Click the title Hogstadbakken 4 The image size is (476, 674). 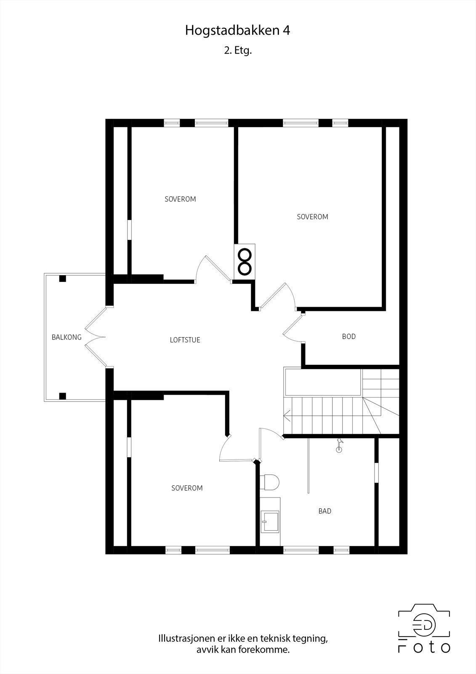tap(237, 31)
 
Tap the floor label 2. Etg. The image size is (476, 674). tap(238, 51)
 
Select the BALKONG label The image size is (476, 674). tap(66, 337)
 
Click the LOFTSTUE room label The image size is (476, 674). tap(185, 340)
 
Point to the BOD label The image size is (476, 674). tap(348, 336)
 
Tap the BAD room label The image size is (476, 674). tap(324, 511)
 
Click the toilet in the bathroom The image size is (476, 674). tap(270, 482)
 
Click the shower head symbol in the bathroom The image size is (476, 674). tap(339, 446)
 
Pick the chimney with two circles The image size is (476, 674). tap(245, 261)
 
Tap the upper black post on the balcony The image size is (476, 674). tap(63, 278)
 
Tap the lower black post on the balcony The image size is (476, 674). tap(63, 396)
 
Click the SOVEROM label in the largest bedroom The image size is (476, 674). tap(312, 217)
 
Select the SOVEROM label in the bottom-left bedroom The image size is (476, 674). tap(187, 488)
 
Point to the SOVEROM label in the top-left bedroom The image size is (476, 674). tap(180, 199)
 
